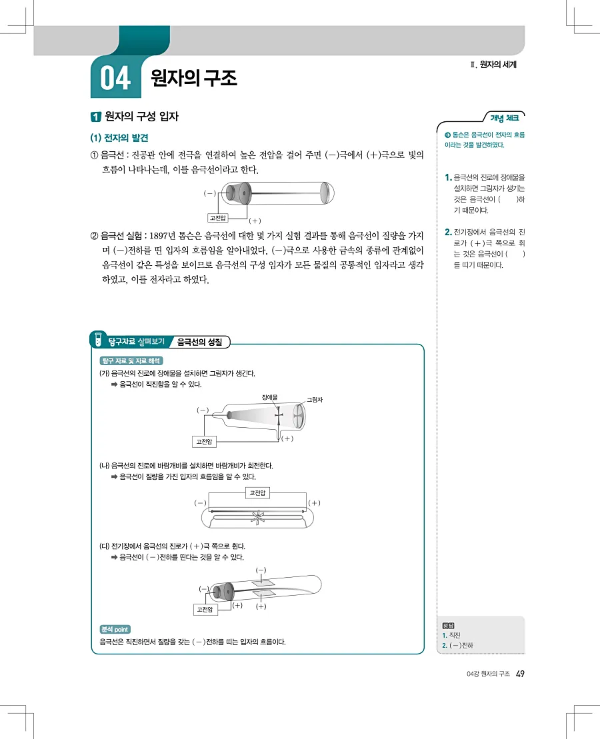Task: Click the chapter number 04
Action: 115,79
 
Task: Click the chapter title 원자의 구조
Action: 194,79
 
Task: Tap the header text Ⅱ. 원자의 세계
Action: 493,65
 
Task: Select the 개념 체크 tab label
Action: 505,118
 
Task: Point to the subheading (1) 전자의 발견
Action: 119,138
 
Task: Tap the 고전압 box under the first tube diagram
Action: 217,217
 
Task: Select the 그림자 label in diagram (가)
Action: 314,400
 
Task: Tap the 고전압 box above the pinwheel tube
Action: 257,492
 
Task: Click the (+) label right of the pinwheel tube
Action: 314,502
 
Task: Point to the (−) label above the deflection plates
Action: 261,570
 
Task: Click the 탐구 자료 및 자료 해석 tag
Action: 126,361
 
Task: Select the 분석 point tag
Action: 115,629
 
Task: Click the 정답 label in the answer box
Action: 448,625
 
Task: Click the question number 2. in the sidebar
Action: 447,232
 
